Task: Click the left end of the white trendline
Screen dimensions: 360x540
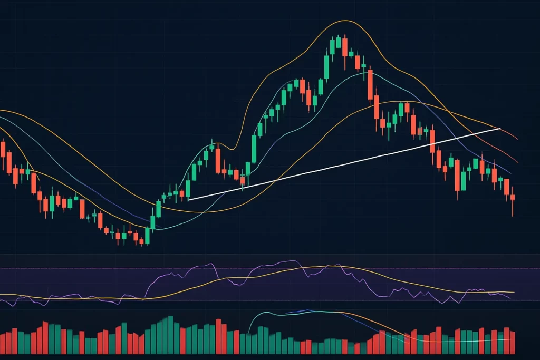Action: pos(189,199)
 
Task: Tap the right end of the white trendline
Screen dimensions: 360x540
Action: pos(499,128)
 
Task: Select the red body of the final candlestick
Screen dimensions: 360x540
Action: pos(513,197)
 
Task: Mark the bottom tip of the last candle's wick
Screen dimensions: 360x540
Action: pos(513,216)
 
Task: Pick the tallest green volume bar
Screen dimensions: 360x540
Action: pos(170,334)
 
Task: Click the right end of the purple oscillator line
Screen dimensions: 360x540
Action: pos(511,299)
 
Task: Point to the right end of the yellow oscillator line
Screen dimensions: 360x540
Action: pos(514,292)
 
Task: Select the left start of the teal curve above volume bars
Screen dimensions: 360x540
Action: pos(248,333)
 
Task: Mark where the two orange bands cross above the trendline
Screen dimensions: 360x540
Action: pos(448,112)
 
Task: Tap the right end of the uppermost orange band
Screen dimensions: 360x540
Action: pos(518,139)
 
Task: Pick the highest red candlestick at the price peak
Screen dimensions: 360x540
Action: pos(344,46)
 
